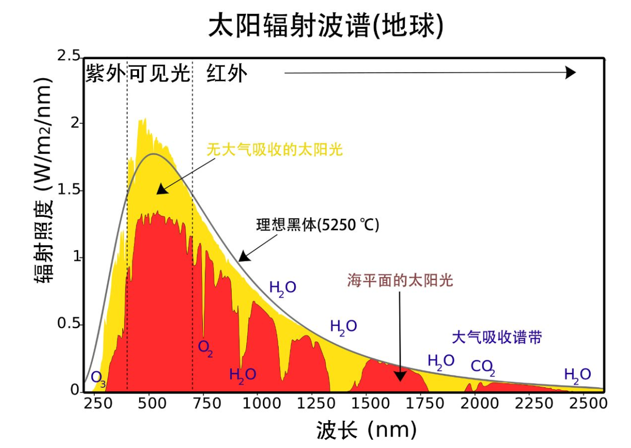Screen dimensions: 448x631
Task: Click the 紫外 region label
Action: click(x=105, y=74)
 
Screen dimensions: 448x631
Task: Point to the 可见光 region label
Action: click(x=159, y=74)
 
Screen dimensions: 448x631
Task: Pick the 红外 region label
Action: click(x=227, y=74)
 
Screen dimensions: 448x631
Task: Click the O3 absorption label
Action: click(x=98, y=378)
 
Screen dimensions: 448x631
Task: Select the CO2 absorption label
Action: click(x=483, y=367)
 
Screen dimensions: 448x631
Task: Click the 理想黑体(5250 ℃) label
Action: click(x=317, y=225)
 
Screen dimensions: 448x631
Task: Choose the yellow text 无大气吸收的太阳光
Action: click(x=275, y=150)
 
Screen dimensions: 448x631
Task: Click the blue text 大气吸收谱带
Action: click(x=497, y=337)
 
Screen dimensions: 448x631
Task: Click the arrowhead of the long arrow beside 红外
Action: click(x=570, y=73)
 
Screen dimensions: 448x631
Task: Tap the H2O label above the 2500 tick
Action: click(x=577, y=374)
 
